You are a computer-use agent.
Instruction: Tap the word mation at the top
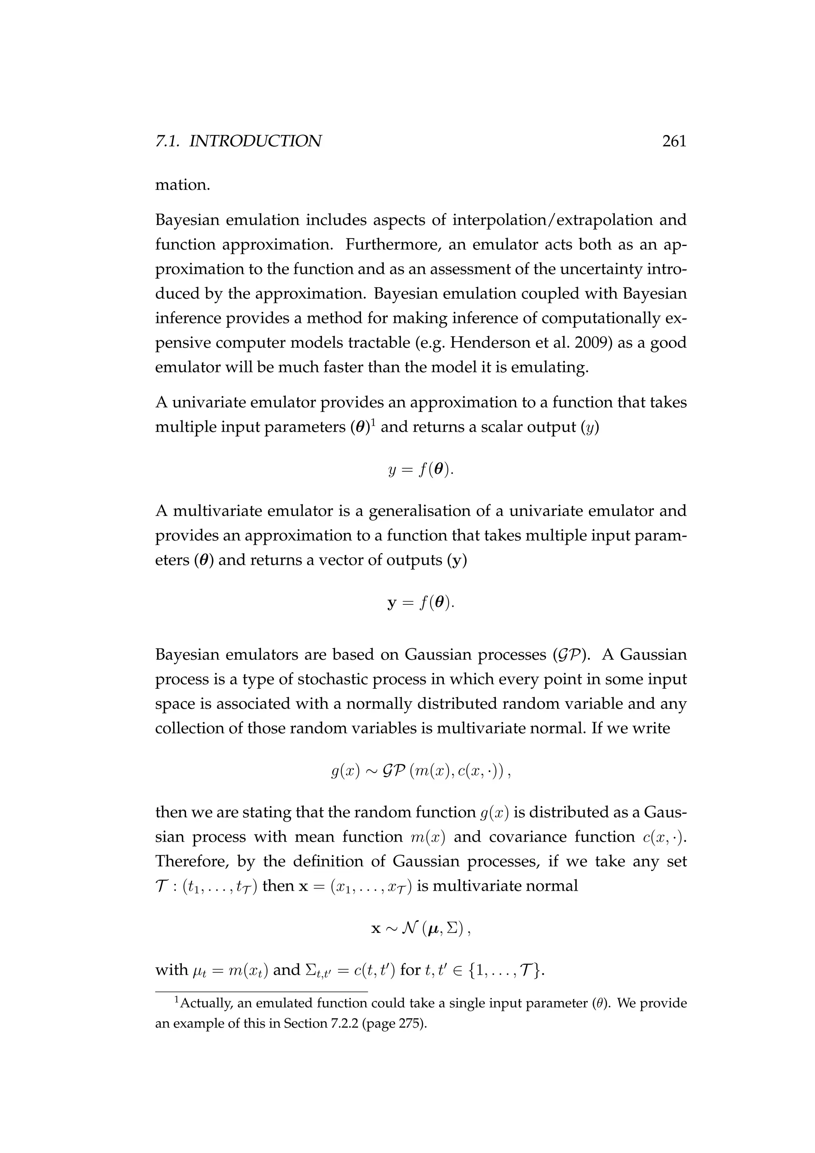182,185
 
